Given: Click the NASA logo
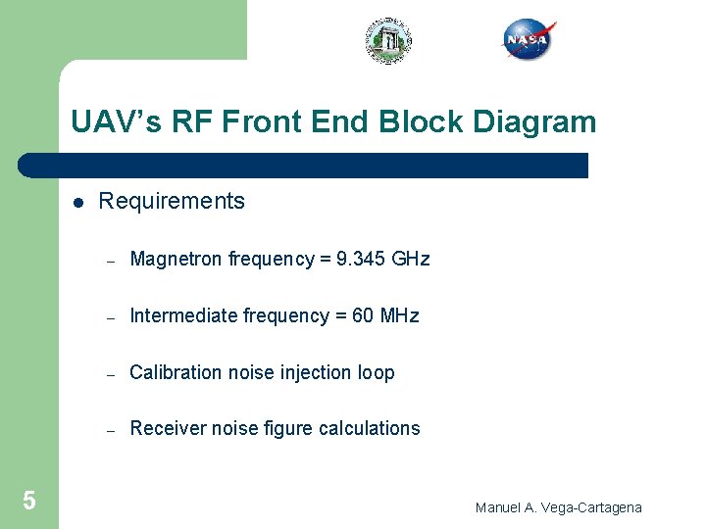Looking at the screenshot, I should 529,40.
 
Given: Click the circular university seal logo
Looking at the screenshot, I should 388,41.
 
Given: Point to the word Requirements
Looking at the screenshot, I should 172,202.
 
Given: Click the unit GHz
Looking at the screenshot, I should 410,260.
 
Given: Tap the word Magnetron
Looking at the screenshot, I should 176,260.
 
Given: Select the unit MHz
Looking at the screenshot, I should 399,315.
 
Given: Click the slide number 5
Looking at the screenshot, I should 29,502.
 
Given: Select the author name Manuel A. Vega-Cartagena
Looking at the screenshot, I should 558,507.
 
